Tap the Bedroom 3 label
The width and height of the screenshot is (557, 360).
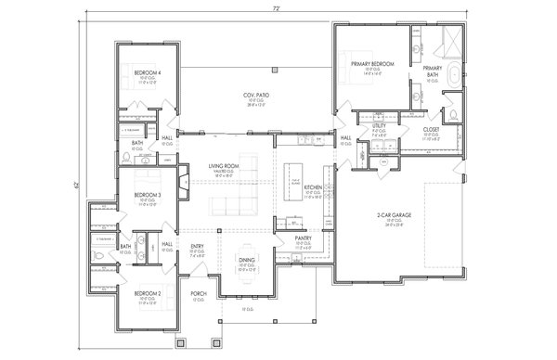[x=147, y=195]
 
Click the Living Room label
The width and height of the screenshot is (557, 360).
[x=224, y=165]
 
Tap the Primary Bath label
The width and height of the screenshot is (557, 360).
[x=433, y=69]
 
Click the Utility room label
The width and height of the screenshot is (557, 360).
[x=379, y=125]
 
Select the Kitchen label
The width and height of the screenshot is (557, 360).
[x=313, y=187]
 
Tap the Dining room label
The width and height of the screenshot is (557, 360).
[x=247, y=261]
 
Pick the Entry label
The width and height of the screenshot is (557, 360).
[x=198, y=246]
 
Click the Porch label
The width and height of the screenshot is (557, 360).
[x=199, y=294]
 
